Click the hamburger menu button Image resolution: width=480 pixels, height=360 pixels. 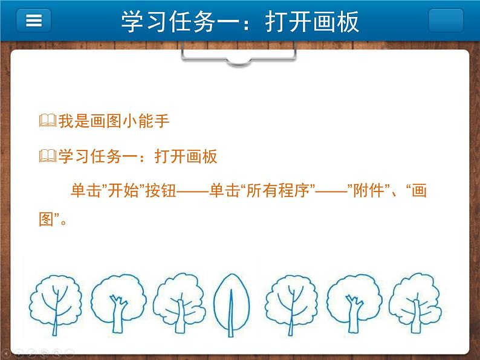[34, 20]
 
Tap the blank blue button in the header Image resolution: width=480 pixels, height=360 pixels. [446, 20]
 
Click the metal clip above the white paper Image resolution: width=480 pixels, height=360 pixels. [239, 54]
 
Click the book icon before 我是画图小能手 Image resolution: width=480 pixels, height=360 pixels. [48, 121]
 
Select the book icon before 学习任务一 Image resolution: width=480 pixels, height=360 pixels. [48, 156]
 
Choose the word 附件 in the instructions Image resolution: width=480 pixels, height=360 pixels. [369, 190]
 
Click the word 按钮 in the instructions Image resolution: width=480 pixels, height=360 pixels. [161, 190]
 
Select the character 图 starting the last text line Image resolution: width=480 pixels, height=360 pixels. [47, 219]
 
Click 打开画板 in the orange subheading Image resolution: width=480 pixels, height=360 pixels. [186, 156]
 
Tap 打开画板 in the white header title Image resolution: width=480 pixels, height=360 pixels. [313, 21]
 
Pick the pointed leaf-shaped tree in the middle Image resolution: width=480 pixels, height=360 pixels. [232, 305]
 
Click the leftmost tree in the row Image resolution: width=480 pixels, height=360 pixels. [56, 305]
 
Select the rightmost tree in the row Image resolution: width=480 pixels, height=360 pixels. [415, 303]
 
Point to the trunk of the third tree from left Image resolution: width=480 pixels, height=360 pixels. [180, 317]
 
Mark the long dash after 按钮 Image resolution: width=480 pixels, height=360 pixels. [193, 192]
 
